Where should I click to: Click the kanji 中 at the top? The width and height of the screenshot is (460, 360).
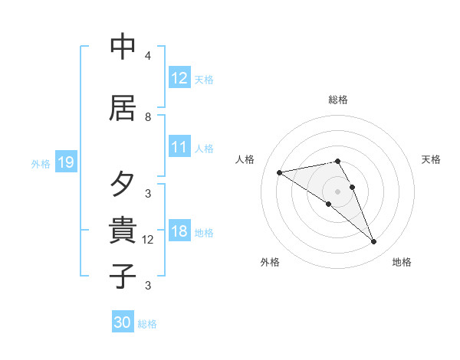pyautogui.click(x=123, y=47)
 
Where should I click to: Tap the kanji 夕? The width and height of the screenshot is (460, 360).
pyautogui.click(x=123, y=185)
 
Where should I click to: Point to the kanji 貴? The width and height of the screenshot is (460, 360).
pyautogui.click(x=123, y=229)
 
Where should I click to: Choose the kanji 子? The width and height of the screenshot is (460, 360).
pyautogui.click(x=123, y=275)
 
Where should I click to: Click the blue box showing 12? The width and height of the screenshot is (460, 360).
pyautogui.click(x=179, y=78)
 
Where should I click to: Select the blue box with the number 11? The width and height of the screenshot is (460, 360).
pyautogui.click(x=179, y=147)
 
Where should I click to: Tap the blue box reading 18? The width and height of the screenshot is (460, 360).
pyautogui.click(x=179, y=231)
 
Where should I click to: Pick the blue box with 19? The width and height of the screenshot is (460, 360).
pyautogui.click(x=65, y=162)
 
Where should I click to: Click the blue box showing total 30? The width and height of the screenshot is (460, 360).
pyautogui.click(x=123, y=322)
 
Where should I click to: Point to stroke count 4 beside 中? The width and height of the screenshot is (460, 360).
pyautogui.click(x=148, y=56)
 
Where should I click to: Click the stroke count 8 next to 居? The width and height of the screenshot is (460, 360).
pyautogui.click(x=148, y=117)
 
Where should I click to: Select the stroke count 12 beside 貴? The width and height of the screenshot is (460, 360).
pyautogui.click(x=148, y=240)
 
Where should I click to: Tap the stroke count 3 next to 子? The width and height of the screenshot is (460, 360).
pyautogui.click(x=148, y=286)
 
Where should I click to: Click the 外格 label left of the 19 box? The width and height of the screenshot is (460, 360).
pyautogui.click(x=41, y=163)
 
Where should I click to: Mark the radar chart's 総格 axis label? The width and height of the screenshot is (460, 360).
pyautogui.click(x=338, y=100)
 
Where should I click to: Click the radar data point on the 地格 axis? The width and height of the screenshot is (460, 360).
pyautogui.click(x=374, y=242)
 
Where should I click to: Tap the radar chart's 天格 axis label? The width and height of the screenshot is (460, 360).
pyautogui.click(x=431, y=159)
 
